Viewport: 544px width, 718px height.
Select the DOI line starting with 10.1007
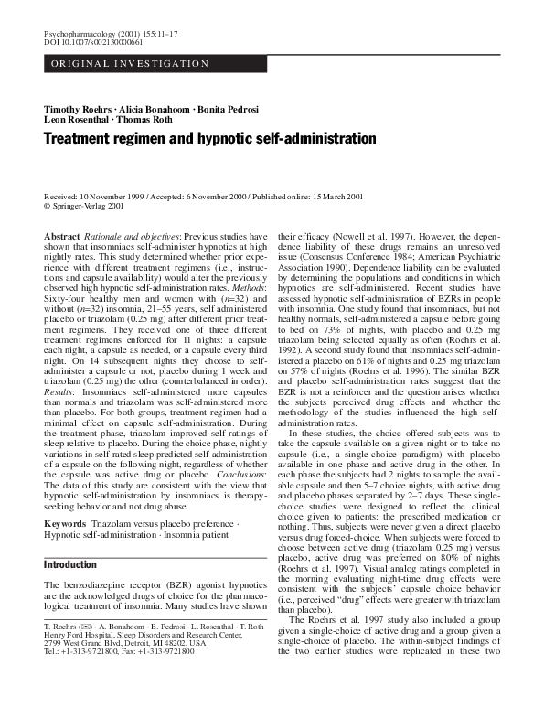[82, 41]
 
